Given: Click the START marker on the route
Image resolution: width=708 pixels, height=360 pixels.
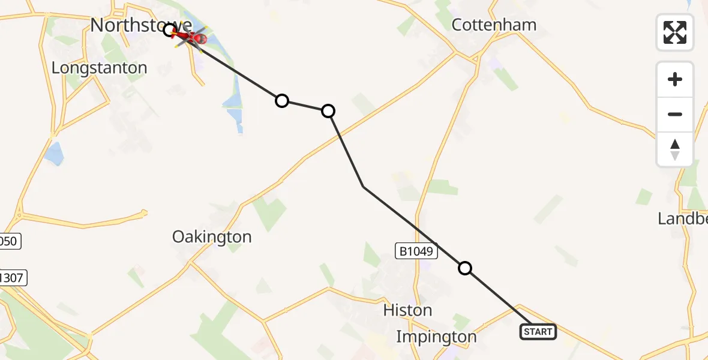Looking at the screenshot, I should (x=538, y=332).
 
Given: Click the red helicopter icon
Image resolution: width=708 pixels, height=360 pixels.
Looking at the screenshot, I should (x=191, y=37).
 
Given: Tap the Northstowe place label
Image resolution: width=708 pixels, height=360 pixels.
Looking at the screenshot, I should (x=141, y=25).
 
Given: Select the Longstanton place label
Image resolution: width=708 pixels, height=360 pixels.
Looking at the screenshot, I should (x=100, y=68).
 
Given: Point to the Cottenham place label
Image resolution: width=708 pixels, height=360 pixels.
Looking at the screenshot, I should (x=494, y=25).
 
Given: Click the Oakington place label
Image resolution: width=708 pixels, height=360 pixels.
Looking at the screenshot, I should (x=212, y=237).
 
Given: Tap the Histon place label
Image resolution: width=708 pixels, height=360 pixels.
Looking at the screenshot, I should (x=407, y=310).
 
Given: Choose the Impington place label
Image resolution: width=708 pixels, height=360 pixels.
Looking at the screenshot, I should (x=436, y=337).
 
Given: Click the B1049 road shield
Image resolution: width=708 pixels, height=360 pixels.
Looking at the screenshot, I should (x=415, y=251).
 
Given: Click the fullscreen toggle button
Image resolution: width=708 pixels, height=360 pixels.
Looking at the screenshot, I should (x=675, y=32).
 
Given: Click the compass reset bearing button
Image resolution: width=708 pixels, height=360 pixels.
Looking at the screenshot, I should (x=675, y=149).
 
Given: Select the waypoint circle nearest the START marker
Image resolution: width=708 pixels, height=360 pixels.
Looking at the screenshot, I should (x=465, y=268).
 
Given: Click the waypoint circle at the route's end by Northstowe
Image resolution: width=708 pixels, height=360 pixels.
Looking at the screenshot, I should (x=169, y=29).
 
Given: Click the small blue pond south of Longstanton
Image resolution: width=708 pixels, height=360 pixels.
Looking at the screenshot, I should (x=53, y=155).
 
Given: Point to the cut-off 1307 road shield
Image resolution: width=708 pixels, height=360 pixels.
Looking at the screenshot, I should (x=12, y=278).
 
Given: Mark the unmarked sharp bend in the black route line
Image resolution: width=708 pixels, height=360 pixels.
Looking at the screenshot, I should (x=364, y=187).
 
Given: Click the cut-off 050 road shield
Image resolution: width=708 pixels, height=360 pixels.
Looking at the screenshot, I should (x=10, y=242).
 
